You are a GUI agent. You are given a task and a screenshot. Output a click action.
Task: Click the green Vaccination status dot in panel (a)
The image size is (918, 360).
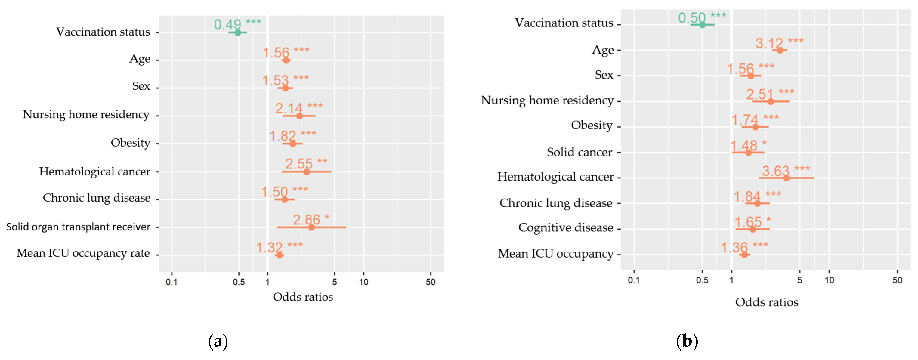click(238, 32)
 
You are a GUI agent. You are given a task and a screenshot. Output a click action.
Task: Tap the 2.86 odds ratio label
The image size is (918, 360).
click(306, 219)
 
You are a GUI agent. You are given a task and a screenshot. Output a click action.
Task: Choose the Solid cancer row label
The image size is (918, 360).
click(580, 152)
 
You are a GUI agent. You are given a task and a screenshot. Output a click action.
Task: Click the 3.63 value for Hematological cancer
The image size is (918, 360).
click(776, 171)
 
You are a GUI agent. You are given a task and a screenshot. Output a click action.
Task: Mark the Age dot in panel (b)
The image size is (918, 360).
click(780, 50)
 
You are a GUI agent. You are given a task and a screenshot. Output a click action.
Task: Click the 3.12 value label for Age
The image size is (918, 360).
click(769, 43)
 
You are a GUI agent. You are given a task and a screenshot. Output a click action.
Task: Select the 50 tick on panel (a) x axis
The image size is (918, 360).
click(431, 282)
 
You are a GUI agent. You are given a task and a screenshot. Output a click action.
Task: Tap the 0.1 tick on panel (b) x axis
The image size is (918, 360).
click(634, 280)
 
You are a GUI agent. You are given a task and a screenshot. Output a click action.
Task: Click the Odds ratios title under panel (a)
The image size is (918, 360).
click(303, 297)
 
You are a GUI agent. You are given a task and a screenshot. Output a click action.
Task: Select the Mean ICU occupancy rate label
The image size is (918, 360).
click(83, 253)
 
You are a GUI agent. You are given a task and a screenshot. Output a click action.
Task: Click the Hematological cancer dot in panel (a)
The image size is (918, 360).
click(306, 172)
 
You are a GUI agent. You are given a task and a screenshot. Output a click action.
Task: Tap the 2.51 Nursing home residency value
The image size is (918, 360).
click(760, 94)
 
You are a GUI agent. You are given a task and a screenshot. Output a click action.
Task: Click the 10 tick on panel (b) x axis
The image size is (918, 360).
click(829, 280)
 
